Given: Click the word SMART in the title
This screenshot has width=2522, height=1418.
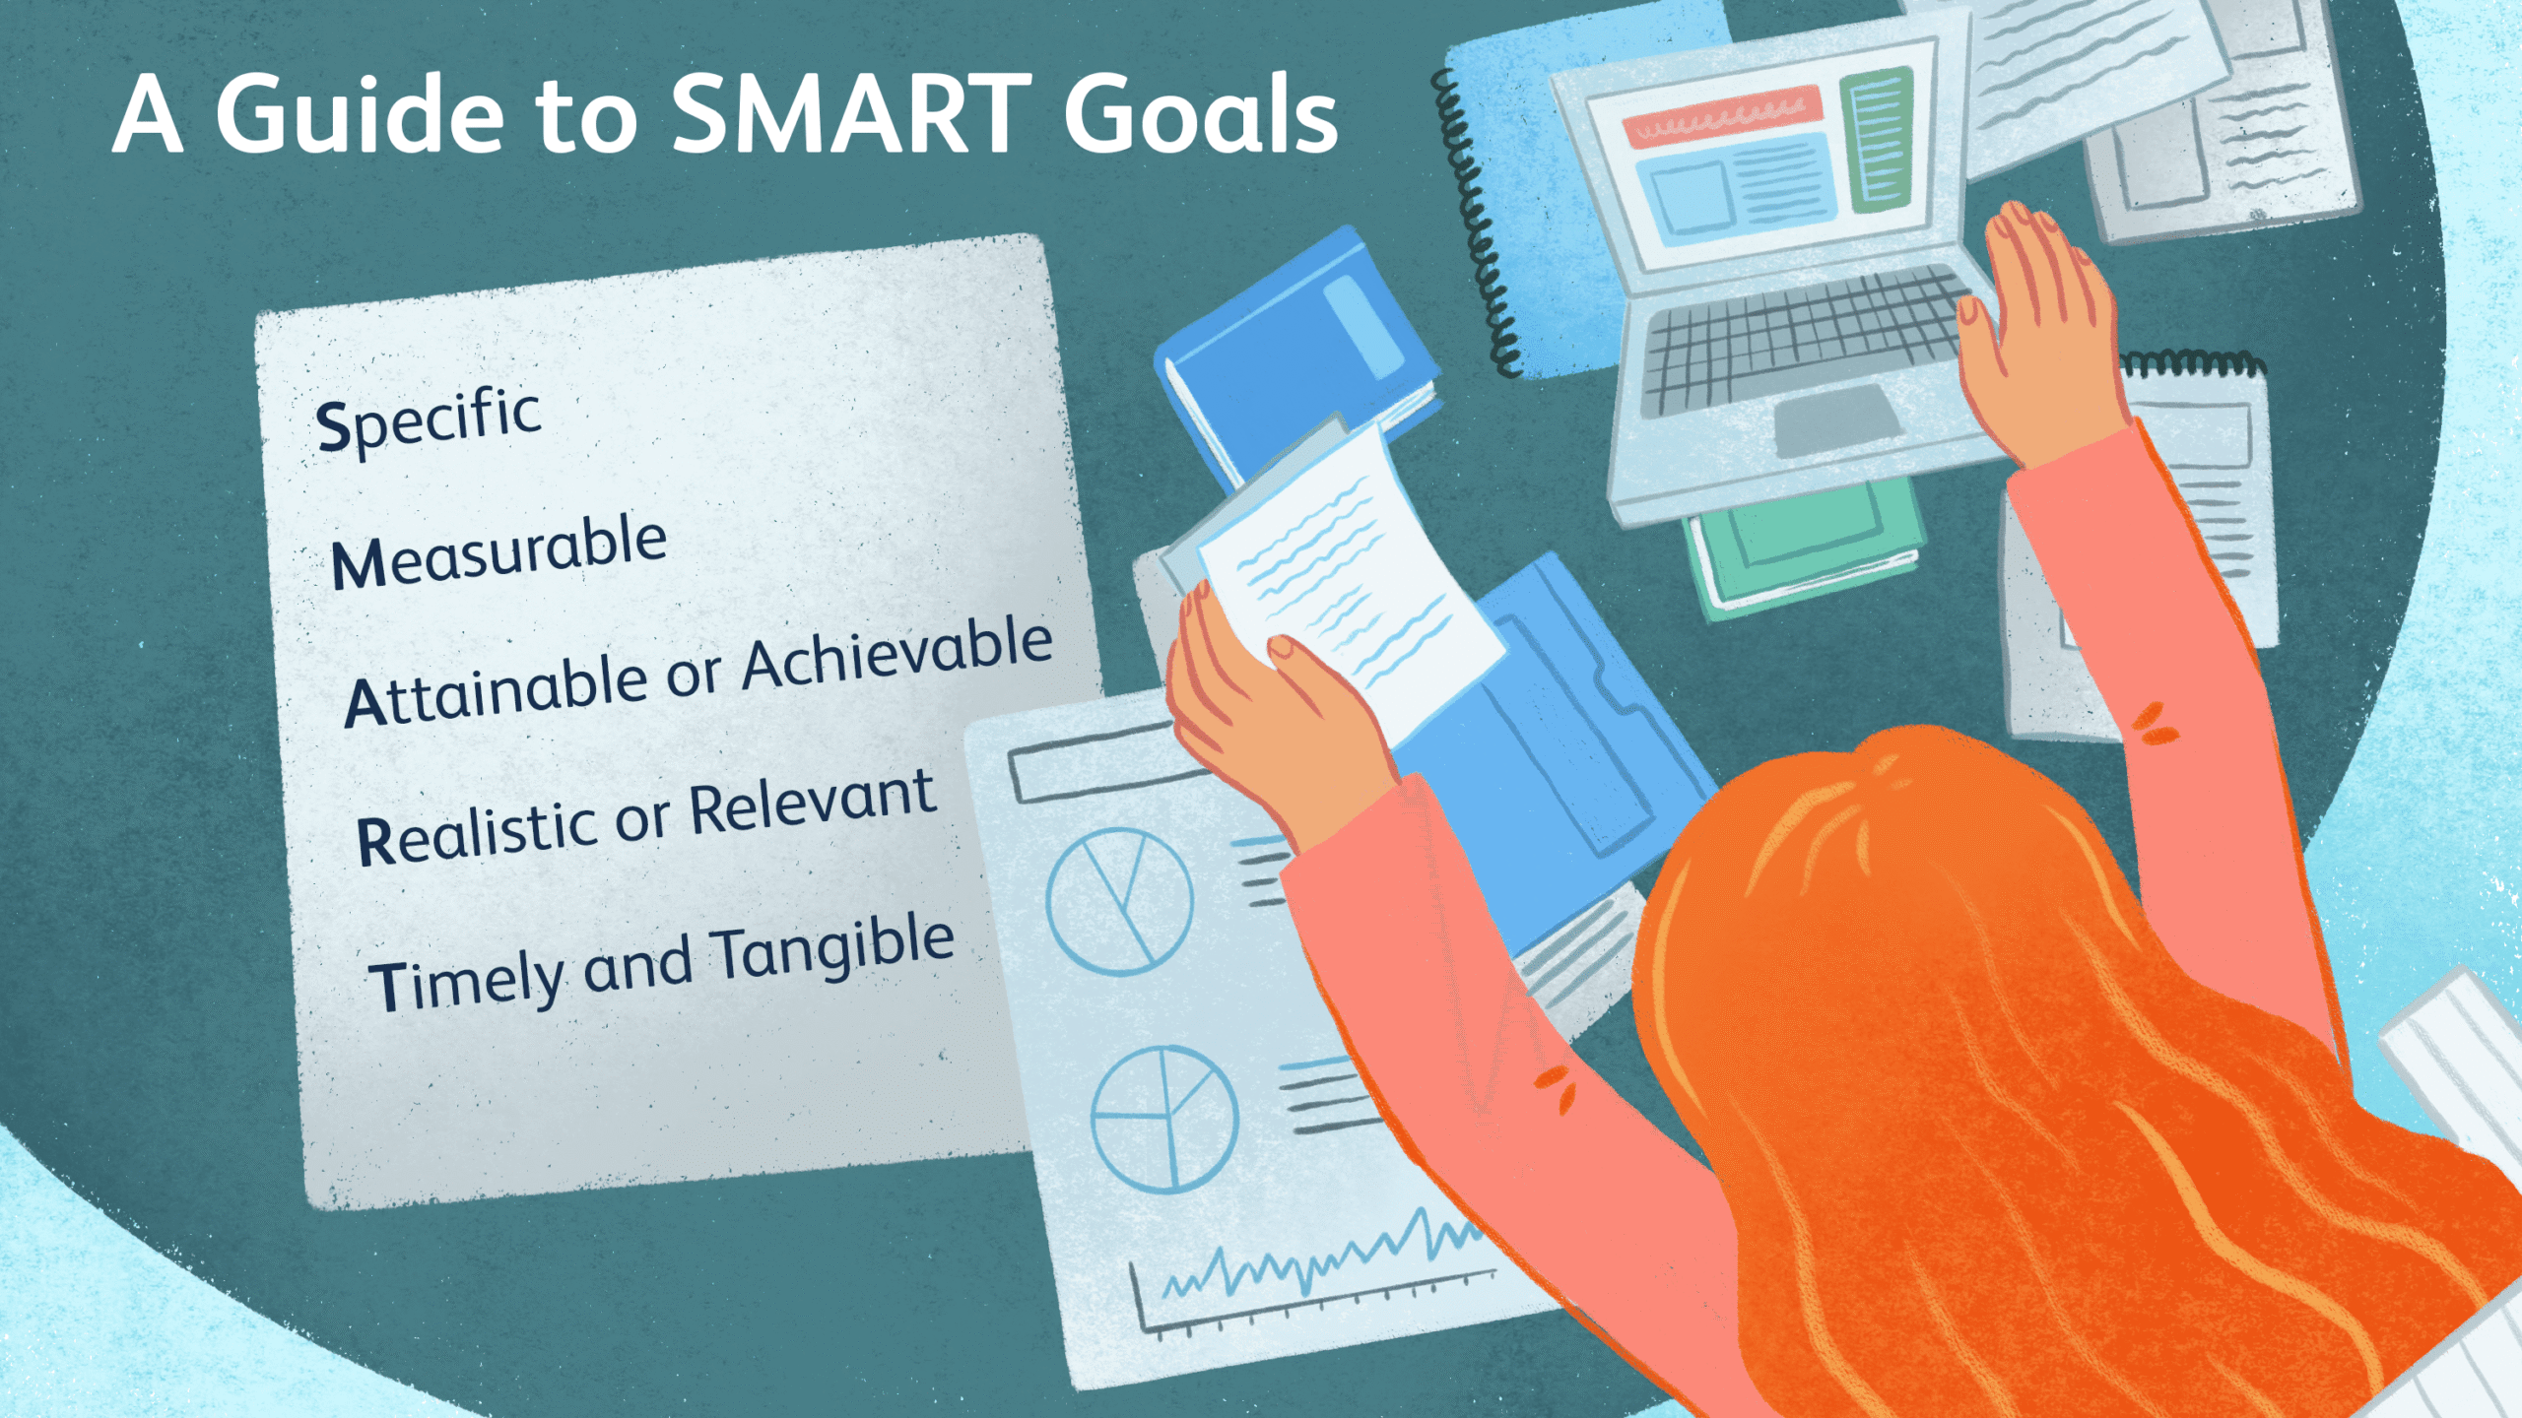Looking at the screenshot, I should click(852, 115).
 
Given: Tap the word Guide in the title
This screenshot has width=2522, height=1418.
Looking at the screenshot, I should click(361, 115).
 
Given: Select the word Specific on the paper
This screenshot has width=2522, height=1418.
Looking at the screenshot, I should click(429, 421).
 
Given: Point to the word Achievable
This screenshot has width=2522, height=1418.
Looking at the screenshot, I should click(896, 654).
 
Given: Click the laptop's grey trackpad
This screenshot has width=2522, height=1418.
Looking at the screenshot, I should click(1836, 419).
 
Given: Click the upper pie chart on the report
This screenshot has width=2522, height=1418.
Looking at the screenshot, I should click(1119, 901).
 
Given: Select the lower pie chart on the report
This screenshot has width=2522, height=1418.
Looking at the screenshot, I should click(1164, 1119).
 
